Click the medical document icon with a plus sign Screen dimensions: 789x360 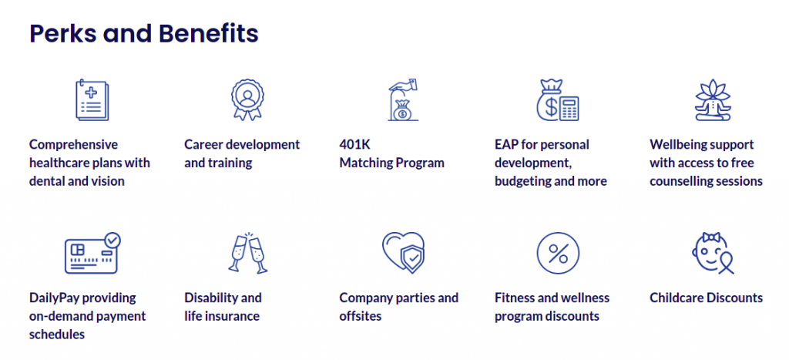[x=92, y=100]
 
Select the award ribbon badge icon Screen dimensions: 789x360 [x=247, y=99]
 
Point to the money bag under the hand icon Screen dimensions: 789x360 [x=402, y=111]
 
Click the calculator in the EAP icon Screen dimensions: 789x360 [x=569, y=108]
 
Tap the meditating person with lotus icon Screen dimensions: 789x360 [x=713, y=99]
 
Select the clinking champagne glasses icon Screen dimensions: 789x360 [x=247, y=253]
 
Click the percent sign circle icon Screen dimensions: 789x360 [x=558, y=254]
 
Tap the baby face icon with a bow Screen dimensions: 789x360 [x=712, y=254]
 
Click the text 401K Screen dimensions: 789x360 [x=354, y=144]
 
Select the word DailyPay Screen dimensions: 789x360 [x=54, y=298]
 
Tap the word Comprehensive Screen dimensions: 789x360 [x=73, y=145]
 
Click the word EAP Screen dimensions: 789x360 [x=505, y=144]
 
